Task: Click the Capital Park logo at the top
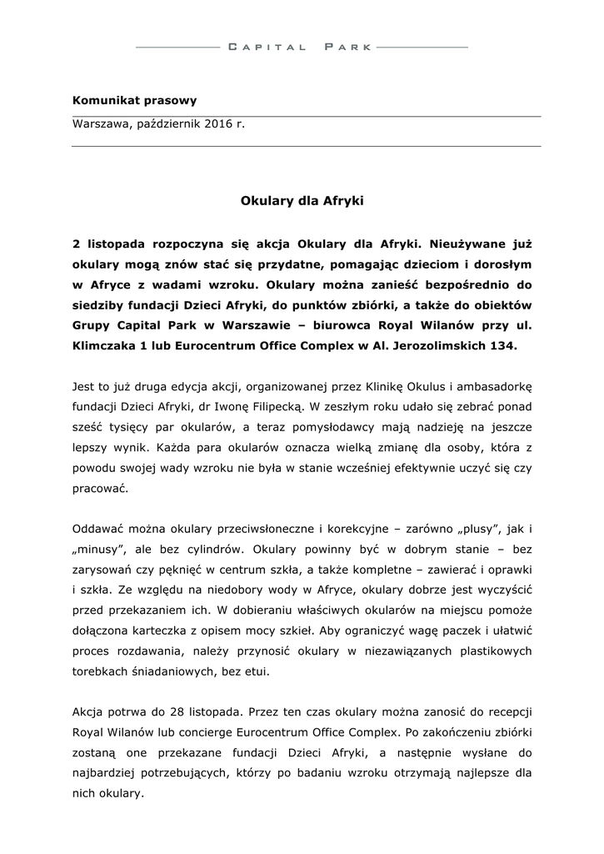(x=301, y=48)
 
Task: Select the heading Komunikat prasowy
(x=134, y=101)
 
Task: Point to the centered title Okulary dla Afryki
(x=302, y=201)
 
